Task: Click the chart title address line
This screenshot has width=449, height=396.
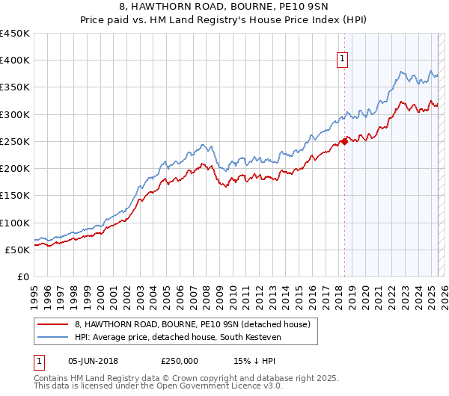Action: coord(224,7)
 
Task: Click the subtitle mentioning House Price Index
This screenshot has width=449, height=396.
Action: coord(224,20)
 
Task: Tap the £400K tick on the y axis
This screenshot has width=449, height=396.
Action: coord(15,61)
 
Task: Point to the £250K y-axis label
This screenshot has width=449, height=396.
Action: coord(15,141)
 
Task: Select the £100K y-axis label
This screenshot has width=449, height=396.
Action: coord(15,223)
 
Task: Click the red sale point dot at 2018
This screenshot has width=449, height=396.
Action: coord(343,141)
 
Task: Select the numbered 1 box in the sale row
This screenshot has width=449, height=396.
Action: coord(38,361)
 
